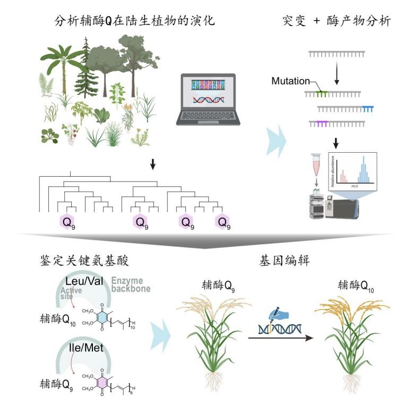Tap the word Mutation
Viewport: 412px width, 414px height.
pyautogui.click(x=290, y=81)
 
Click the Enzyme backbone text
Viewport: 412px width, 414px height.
pyautogui.click(x=132, y=284)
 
